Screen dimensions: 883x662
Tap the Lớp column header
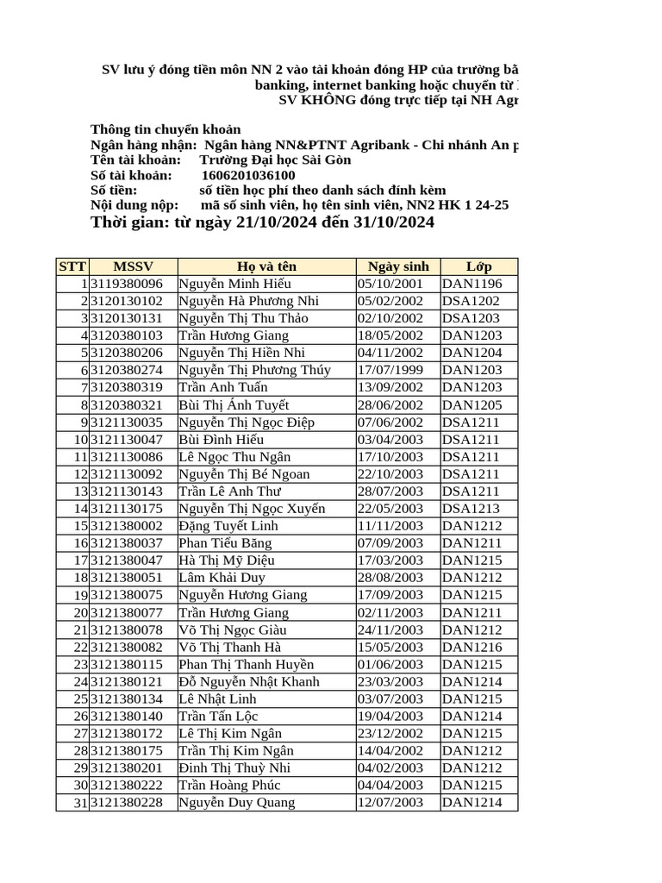(478, 266)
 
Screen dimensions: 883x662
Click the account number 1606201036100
(247, 175)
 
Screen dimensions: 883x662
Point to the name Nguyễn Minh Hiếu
(234, 284)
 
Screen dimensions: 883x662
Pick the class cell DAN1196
(472, 284)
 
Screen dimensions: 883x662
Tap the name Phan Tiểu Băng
(225, 543)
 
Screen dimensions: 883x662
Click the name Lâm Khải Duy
(222, 578)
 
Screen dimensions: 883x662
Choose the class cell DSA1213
(471, 509)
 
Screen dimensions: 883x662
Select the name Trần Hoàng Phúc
(229, 786)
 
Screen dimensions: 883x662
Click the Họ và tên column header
(266, 266)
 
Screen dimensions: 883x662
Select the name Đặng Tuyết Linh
(228, 526)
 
